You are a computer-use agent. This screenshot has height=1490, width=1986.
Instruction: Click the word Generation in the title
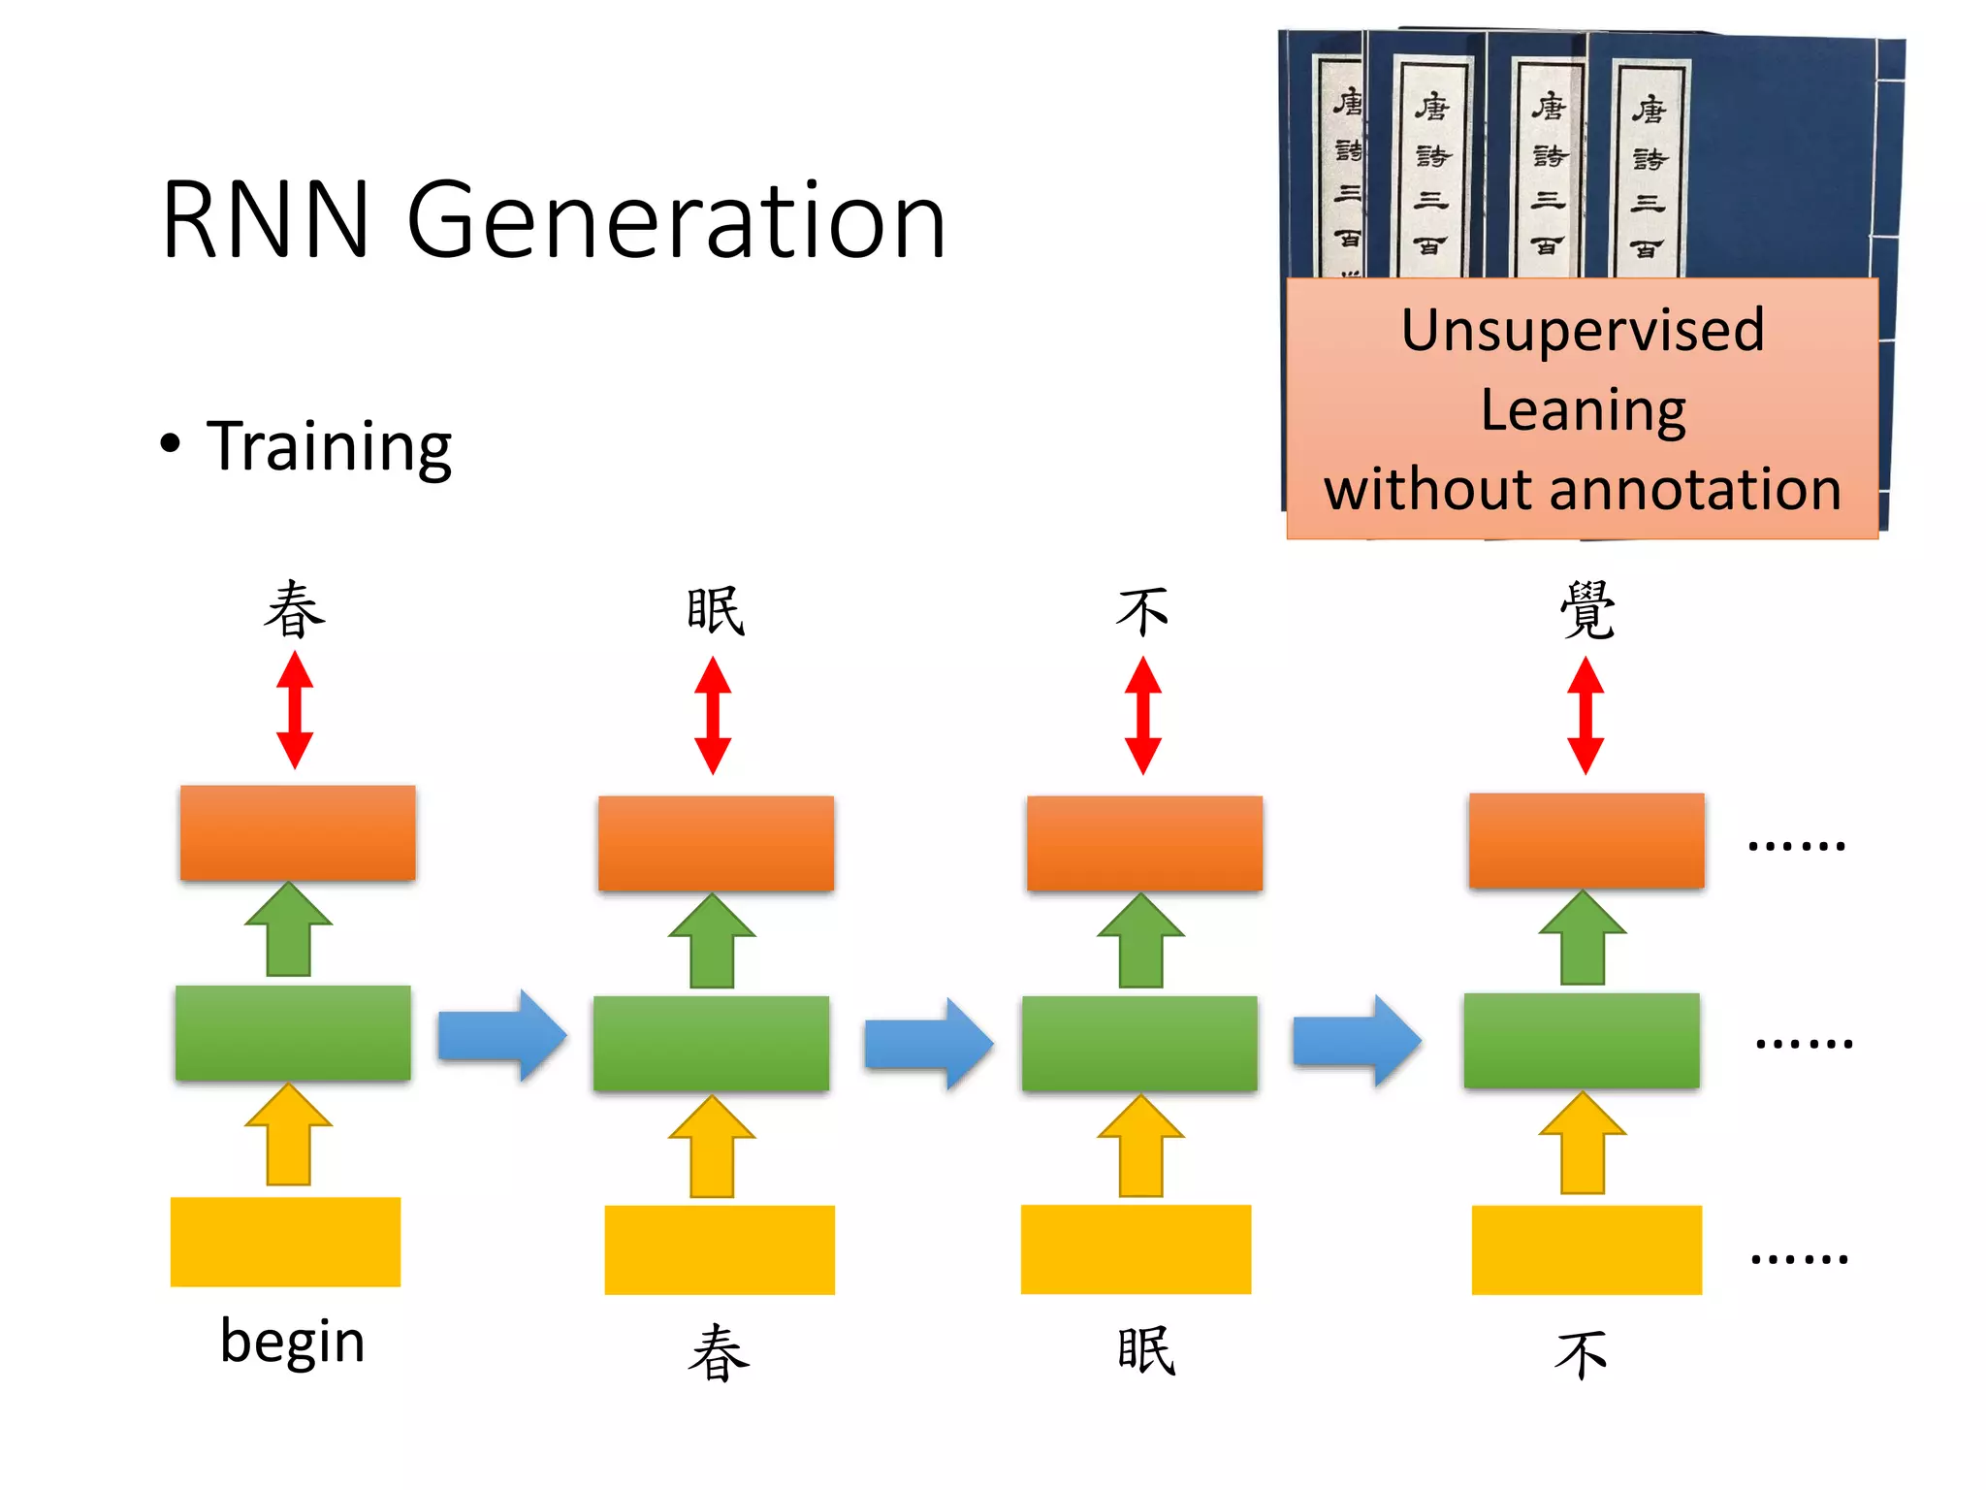(x=676, y=223)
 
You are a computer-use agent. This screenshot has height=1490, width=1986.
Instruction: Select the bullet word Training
(x=329, y=446)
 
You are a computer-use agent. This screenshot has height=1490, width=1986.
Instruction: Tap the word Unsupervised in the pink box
(x=1583, y=330)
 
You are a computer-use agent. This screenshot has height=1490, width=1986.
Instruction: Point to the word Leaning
(x=1583, y=410)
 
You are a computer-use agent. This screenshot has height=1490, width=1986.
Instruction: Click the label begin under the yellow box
(x=292, y=1341)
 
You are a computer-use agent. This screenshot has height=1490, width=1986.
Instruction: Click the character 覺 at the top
(x=1586, y=611)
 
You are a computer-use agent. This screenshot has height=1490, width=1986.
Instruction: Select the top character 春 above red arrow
(x=295, y=611)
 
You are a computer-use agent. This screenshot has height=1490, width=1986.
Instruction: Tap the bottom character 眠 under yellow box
(x=1145, y=1350)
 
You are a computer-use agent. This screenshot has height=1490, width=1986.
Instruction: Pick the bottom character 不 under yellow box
(x=1581, y=1354)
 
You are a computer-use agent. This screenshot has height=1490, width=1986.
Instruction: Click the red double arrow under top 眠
(x=713, y=715)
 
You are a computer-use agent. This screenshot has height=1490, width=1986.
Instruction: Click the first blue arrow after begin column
(x=502, y=1035)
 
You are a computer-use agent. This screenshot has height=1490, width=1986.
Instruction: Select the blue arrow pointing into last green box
(x=1358, y=1040)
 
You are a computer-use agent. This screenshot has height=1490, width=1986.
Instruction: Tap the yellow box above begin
(x=285, y=1242)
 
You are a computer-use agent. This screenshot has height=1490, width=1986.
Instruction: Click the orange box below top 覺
(x=1586, y=840)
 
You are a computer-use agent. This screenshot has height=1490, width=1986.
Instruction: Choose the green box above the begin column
(x=293, y=1032)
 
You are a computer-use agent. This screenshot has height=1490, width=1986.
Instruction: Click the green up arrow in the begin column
(x=289, y=929)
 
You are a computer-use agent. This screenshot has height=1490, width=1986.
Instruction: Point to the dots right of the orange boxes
(x=1796, y=846)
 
